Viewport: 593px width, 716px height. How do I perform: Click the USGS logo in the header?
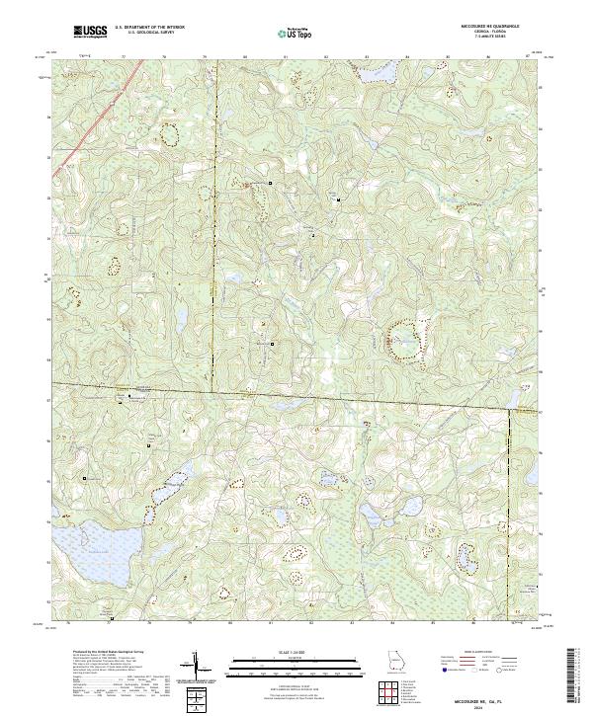tap(90, 32)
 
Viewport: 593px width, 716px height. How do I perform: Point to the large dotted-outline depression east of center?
tap(404, 339)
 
